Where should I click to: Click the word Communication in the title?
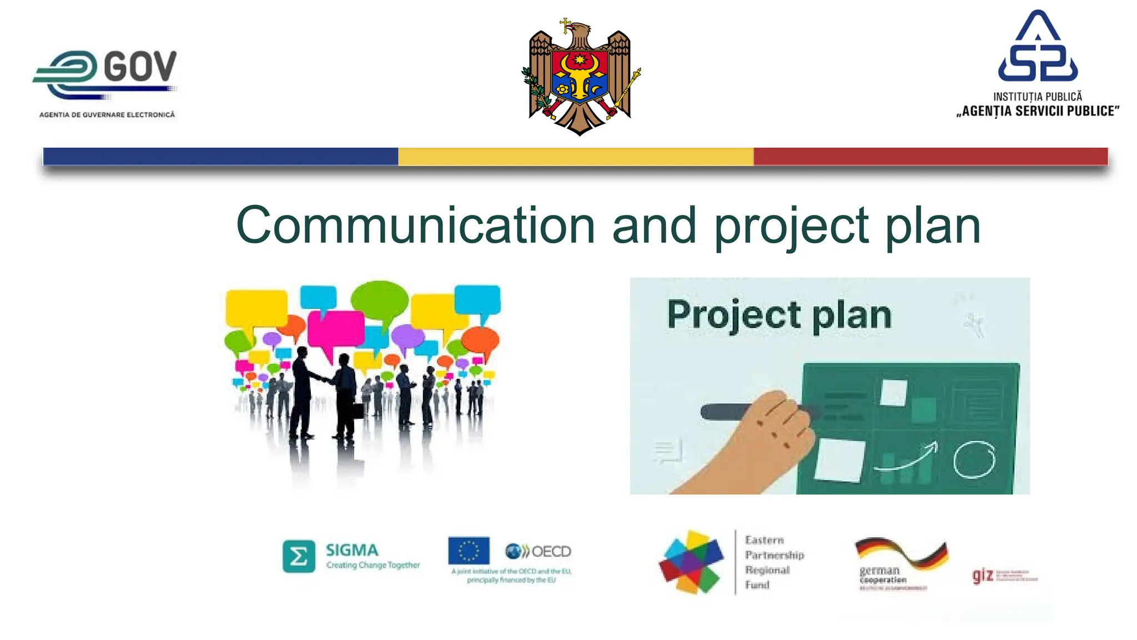[x=415, y=225]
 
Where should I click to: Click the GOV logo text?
[x=140, y=67]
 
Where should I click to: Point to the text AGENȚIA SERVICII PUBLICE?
[x=1037, y=111]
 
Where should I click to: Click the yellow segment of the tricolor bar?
[x=575, y=157]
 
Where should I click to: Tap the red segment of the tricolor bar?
[x=930, y=157]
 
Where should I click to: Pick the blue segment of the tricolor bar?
[x=220, y=157]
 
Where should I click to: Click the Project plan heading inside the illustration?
[x=779, y=315]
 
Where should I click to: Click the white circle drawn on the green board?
[x=974, y=459]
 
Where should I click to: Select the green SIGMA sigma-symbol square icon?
[x=299, y=556]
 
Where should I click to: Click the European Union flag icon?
[x=469, y=551]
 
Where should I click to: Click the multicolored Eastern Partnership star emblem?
[x=692, y=562]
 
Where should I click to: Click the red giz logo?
[x=982, y=576]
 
